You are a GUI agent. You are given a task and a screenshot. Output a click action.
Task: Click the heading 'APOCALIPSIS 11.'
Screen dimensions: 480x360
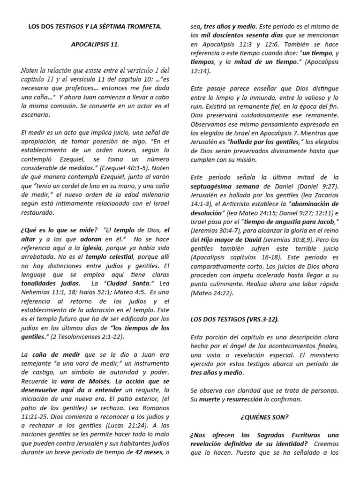point(95,45)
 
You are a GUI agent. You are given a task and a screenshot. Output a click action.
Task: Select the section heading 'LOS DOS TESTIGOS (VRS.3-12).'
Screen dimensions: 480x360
point(234,319)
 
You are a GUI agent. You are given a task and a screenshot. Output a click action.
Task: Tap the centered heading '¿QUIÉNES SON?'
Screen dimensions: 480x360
point(264,417)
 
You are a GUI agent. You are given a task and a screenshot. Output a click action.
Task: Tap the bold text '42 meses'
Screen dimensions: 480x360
point(147,452)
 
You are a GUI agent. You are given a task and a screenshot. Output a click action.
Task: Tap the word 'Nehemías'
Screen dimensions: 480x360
point(37,293)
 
